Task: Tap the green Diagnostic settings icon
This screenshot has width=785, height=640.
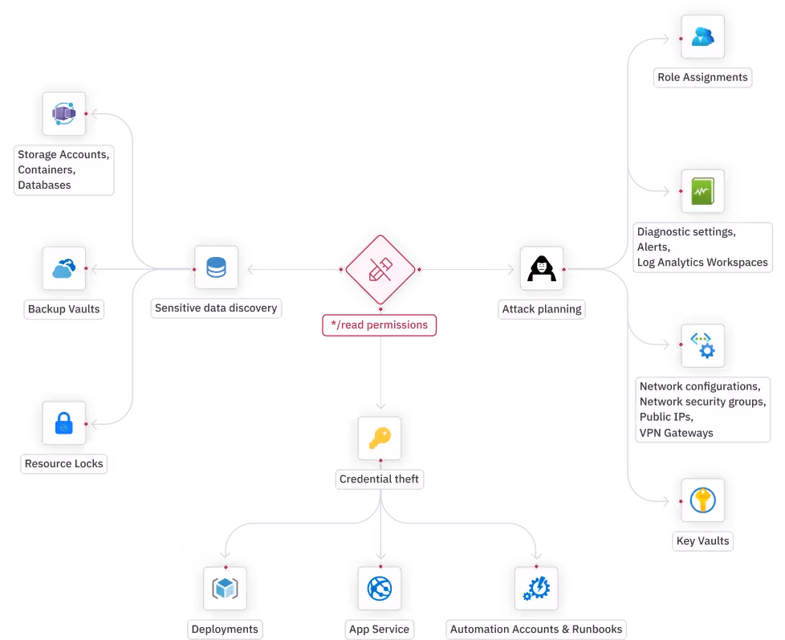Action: click(x=702, y=191)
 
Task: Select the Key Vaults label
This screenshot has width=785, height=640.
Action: click(x=702, y=540)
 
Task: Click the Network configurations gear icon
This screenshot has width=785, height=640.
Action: click(x=702, y=345)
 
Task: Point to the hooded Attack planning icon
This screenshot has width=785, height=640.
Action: click(x=541, y=269)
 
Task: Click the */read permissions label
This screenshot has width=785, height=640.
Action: click(x=380, y=325)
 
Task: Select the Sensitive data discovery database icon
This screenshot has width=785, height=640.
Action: click(x=216, y=267)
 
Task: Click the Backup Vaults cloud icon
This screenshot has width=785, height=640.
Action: click(x=63, y=269)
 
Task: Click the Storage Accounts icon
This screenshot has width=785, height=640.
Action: click(x=63, y=113)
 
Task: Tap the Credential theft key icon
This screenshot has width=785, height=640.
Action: click(x=380, y=438)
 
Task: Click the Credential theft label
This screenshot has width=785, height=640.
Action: click(x=379, y=479)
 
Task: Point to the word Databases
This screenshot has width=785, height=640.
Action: click(x=44, y=185)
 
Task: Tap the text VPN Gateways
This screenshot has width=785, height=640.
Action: click(x=676, y=433)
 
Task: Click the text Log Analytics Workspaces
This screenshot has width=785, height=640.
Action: click(x=702, y=262)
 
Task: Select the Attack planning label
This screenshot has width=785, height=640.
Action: click(x=541, y=308)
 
